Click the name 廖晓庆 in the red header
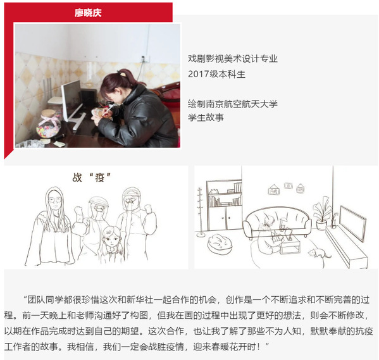[x=88, y=13]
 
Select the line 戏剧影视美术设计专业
[x=233, y=59]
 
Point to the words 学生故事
[x=206, y=118]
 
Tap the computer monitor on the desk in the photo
[x=72, y=101]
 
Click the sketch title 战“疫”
[x=91, y=178]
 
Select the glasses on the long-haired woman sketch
[x=54, y=200]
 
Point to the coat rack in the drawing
[x=200, y=212]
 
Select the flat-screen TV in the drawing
[x=353, y=223]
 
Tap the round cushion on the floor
[x=220, y=244]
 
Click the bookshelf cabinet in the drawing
[x=224, y=205]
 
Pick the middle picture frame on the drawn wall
[x=289, y=185]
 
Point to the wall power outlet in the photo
[x=143, y=59]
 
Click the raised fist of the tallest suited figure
[x=147, y=208]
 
